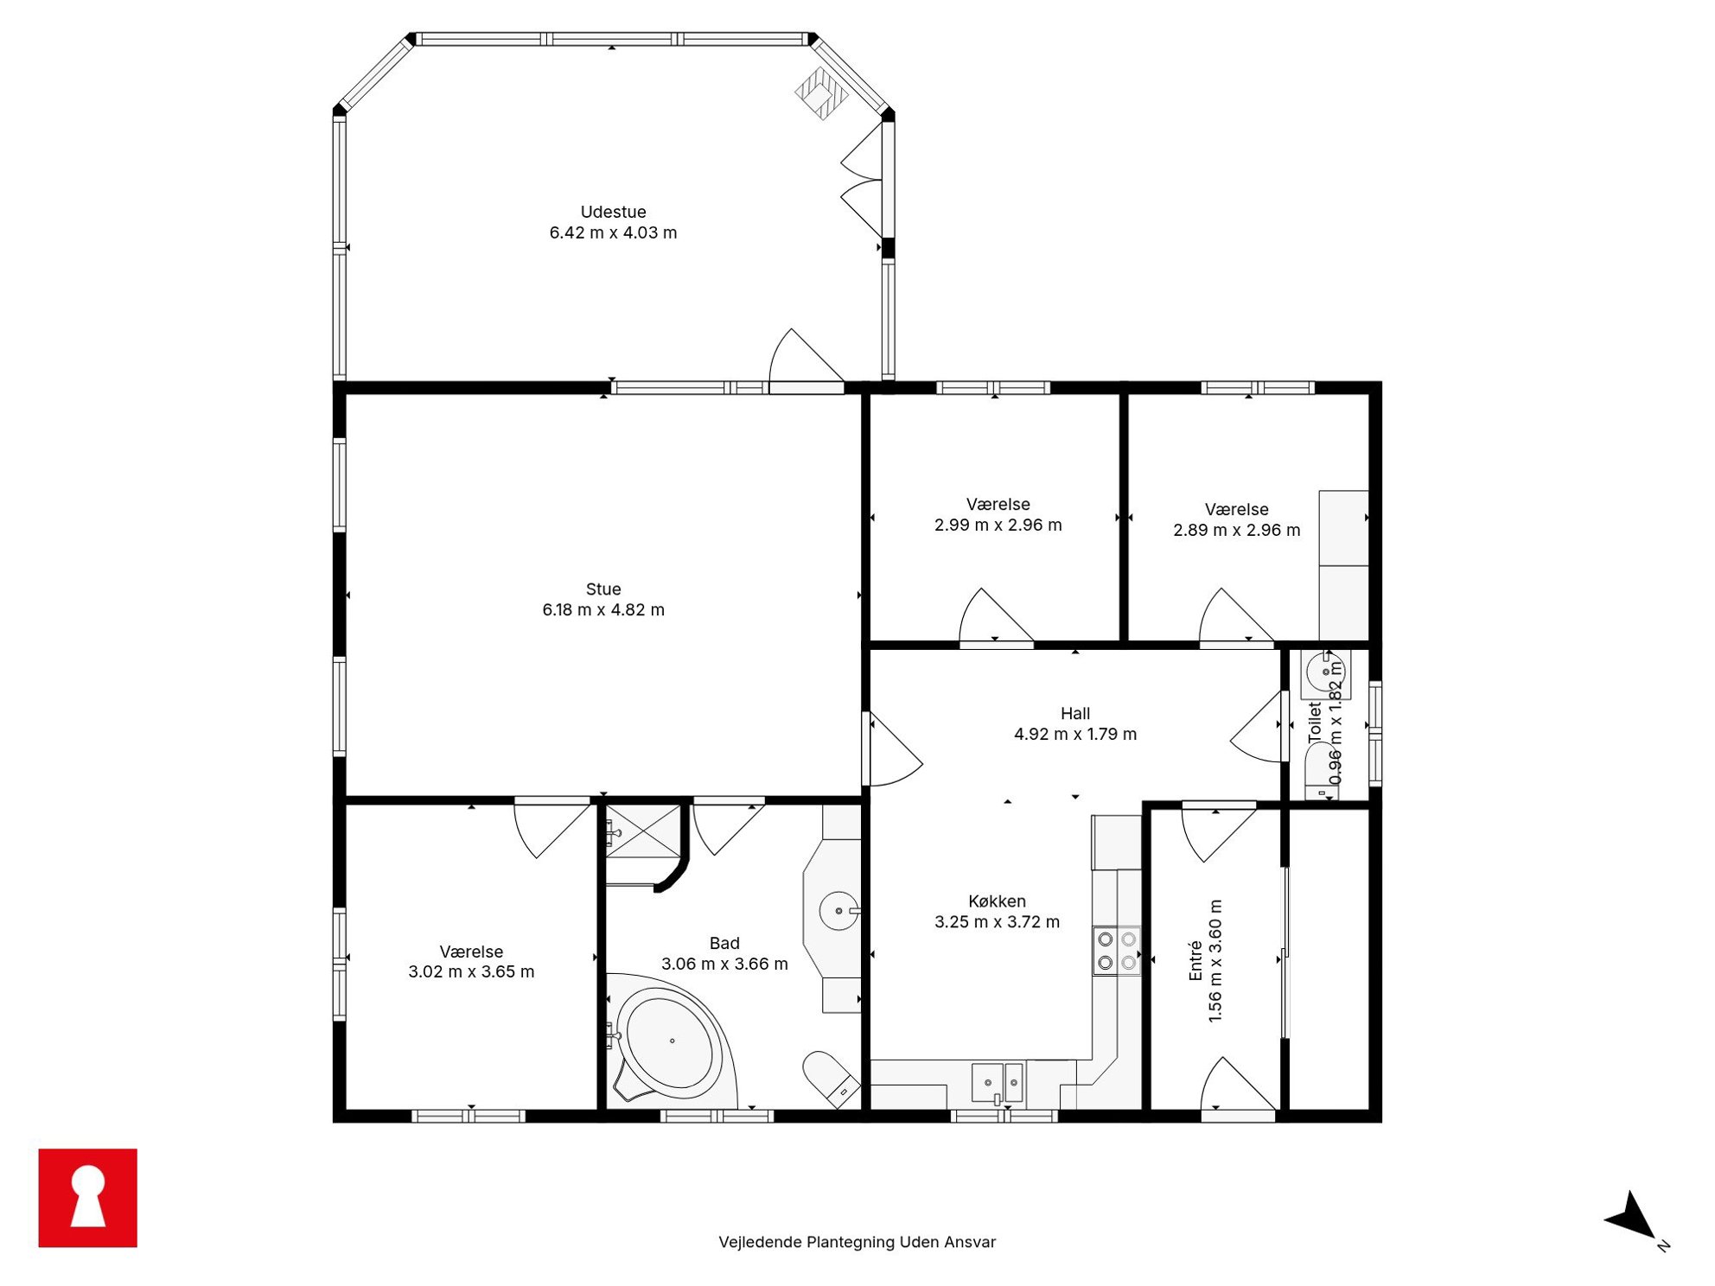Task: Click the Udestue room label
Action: coord(613,212)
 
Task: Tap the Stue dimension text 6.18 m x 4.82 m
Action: coord(603,610)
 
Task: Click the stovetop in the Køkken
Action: coord(1117,951)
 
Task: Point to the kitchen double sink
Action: coord(998,1083)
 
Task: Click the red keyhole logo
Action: coord(87,1198)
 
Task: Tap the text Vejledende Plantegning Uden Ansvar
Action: coord(857,1242)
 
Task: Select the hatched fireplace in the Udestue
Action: coord(821,93)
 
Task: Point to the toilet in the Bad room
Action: coord(830,1078)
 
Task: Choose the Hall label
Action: coord(1075,714)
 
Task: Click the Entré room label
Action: coord(1196,961)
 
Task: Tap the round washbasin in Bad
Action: coord(838,911)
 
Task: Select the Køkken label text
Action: coord(997,901)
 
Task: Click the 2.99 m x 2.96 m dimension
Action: coord(998,525)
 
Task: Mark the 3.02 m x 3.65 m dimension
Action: coord(471,972)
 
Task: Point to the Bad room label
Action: coord(724,944)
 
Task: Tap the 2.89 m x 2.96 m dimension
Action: coord(1236,531)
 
